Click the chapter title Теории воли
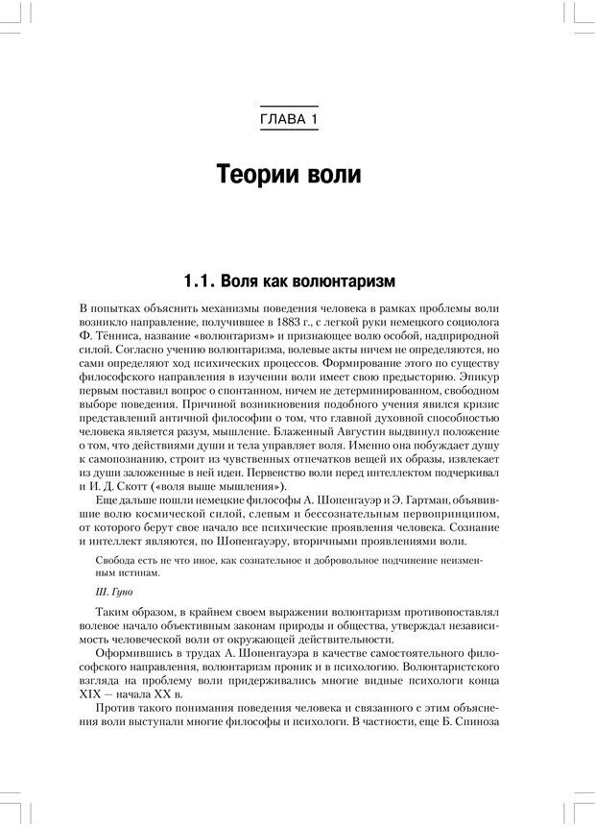click(289, 176)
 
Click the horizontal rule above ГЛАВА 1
click(289, 105)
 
